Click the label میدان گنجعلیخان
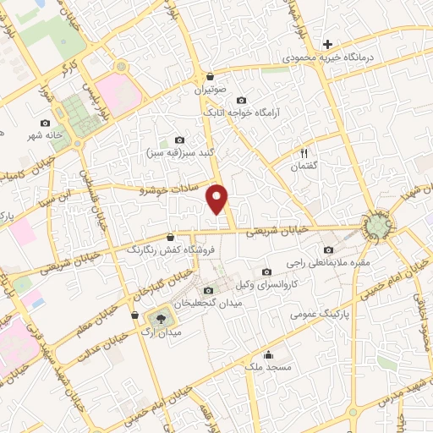coord(207,303)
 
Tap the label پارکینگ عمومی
coord(318,314)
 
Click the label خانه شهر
coord(45,136)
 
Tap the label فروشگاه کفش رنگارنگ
coord(171,249)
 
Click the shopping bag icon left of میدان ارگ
coord(134,315)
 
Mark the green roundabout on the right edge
coord(377,225)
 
